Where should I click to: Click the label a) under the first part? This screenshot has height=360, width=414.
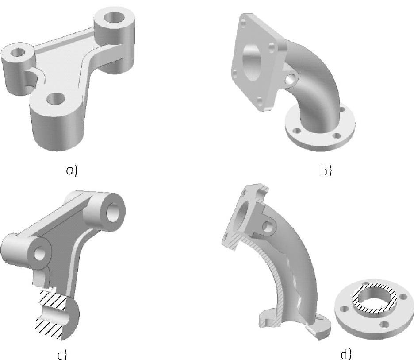tap(72, 171)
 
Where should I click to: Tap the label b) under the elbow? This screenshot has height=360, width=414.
tap(326, 171)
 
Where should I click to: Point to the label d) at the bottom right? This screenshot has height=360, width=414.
tap(346, 354)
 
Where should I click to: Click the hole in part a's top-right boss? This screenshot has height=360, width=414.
tap(114, 17)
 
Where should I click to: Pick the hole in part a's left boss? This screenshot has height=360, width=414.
tap(18, 52)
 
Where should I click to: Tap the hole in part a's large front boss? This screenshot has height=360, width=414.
tap(56, 99)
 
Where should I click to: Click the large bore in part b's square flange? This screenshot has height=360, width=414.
tap(252, 62)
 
